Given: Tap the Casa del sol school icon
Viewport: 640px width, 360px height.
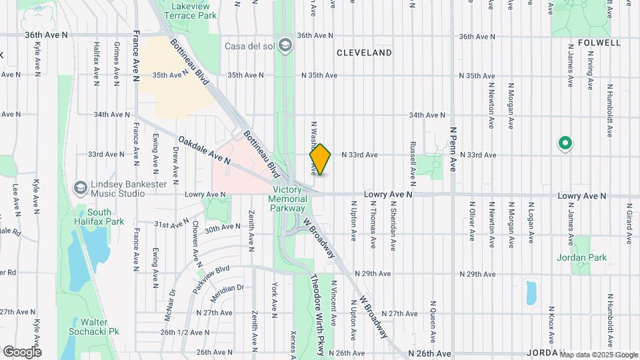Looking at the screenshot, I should pyautogui.click(x=285, y=45).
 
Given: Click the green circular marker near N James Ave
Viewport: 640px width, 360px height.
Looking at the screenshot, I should pyautogui.click(x=565, y=143).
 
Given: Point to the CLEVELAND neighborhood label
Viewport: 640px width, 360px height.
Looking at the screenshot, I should pyautogui.click(x=364, y=53).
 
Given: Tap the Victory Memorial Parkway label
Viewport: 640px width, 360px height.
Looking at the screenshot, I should pyautogui.click(x=289, y=199).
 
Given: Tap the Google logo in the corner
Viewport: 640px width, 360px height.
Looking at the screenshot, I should pyautogui.click(x=22, y=351).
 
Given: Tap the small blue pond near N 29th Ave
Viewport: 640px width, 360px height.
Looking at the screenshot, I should pyautogui.click(x=531, y=293).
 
